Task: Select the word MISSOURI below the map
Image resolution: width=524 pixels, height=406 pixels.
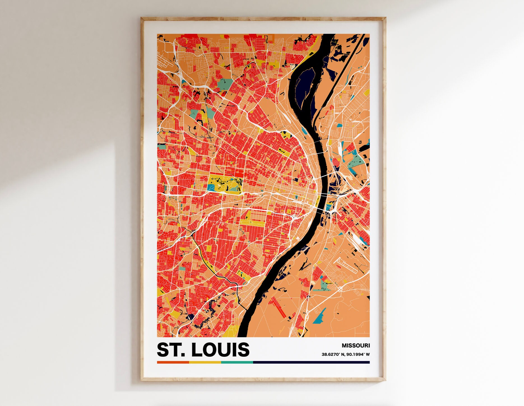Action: click(x=356, y=346)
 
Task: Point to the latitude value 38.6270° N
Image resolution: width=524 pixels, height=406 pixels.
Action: click(x=333, y=354)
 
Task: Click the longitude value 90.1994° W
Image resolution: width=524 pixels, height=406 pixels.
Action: click(x=358, y=354)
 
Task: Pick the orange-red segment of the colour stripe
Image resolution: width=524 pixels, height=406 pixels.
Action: click(x=173, y=362)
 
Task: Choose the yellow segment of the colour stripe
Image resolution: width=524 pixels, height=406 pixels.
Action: click(x=205, y=362)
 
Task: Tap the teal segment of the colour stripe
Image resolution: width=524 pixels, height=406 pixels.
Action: click(x=237, y=362)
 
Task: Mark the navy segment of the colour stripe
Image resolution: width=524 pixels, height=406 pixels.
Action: click(x=311, y=362)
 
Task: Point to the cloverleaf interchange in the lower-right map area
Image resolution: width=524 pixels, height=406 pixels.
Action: click(x=340, y=289)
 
